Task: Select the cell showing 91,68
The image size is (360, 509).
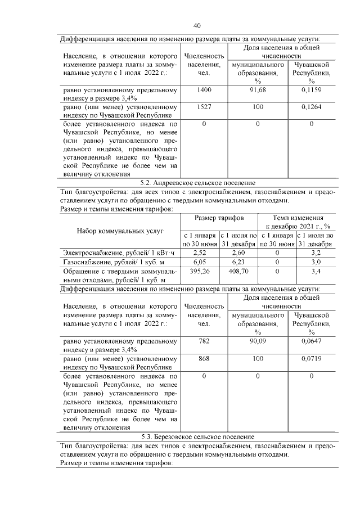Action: coord(257,90)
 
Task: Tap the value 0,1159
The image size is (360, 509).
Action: coord(311,90)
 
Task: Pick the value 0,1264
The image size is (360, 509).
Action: coord(311,106)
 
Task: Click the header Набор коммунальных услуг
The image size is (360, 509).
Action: coord(120,231)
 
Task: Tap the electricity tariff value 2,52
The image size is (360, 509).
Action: coord(200,253)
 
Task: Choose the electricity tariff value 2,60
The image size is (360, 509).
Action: coord(238,253)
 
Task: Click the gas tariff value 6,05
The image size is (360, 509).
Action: coord(200,262)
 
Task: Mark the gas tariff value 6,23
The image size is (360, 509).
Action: coord(238,262)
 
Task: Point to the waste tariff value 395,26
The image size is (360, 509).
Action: coord(200,271)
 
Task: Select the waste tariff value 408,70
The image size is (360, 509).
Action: coord(238,271)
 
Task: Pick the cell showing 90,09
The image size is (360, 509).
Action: coord(257,341)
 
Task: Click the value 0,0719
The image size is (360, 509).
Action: coord(311,358)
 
